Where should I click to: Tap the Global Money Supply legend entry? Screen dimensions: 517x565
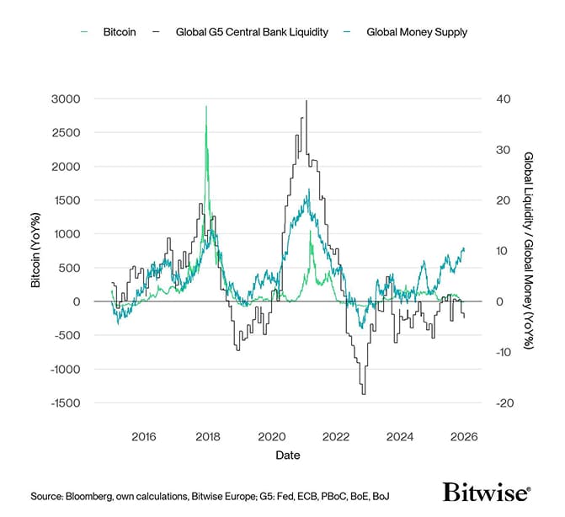(416, 32)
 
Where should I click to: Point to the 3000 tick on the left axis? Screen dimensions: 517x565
(65, 99)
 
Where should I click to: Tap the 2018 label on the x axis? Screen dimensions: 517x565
(207, 437)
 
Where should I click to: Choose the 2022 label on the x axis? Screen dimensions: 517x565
(335, 437)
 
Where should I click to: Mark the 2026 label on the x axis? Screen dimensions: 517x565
(464, 437)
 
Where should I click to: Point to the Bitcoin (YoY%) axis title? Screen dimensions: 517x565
(36, 250)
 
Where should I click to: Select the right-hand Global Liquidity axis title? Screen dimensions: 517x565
(529, 250)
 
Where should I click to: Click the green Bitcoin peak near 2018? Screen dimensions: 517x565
(206, 107)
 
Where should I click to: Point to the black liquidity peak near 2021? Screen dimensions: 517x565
(306, 100)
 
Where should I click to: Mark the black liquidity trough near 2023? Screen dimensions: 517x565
(364, 393)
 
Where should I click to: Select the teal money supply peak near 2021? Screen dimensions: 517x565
(309, 190)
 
